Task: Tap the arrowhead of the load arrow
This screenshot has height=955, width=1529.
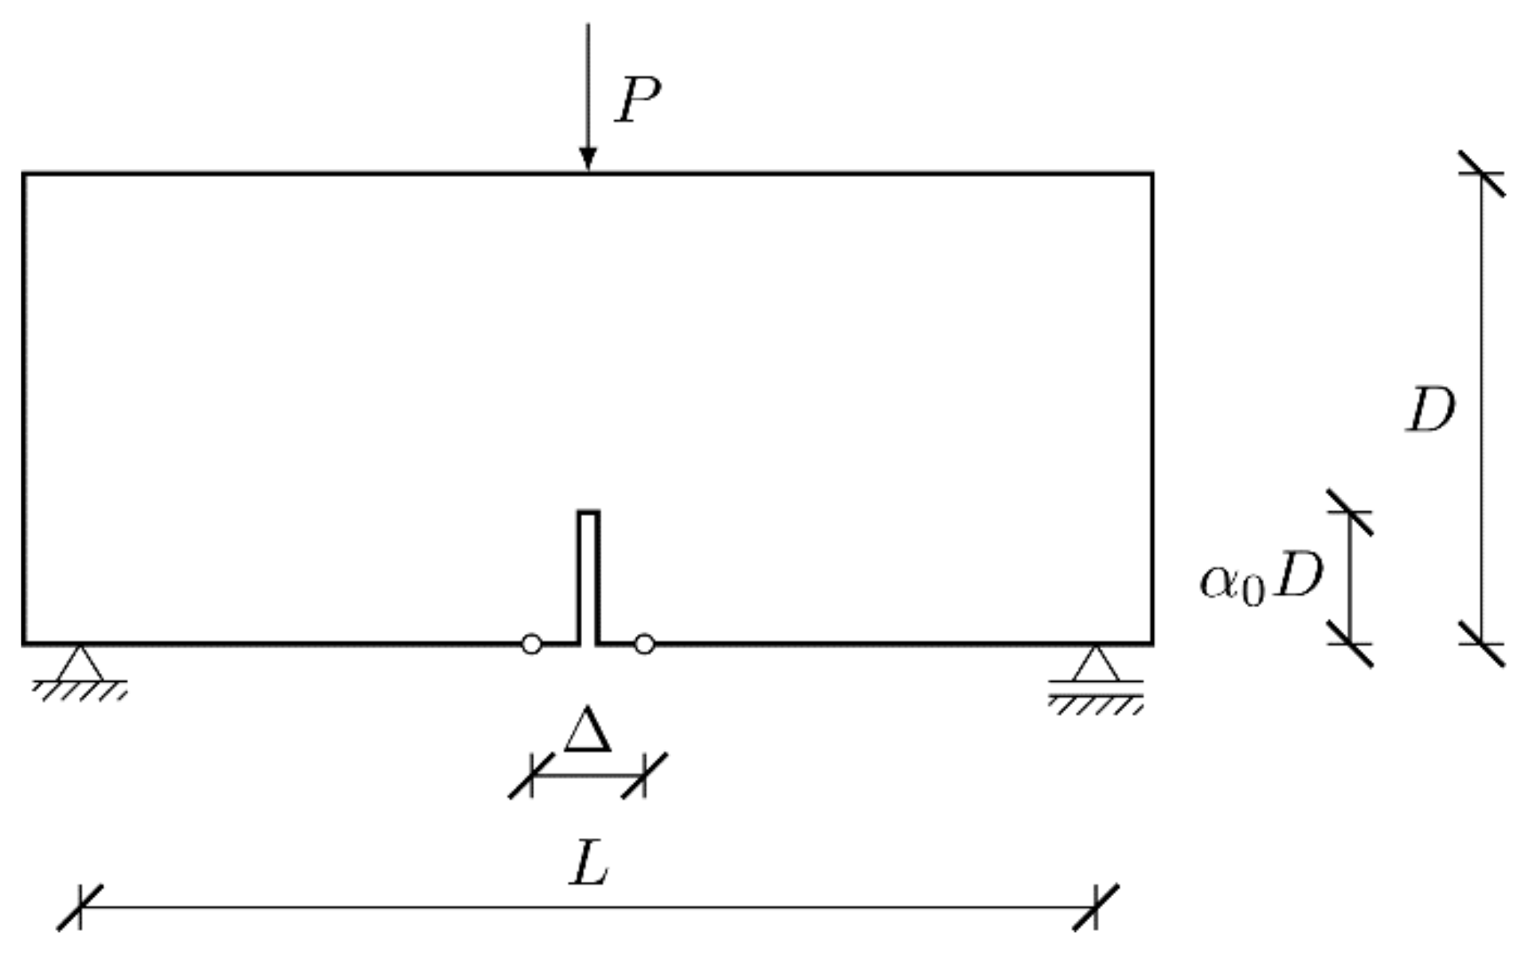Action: point(588,160)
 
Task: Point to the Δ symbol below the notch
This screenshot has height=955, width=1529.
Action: point(588,730)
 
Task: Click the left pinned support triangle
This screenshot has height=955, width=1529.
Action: point(80,664)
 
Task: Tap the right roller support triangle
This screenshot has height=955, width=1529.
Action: point(1095,664)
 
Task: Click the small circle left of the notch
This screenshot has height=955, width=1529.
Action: point(532,644)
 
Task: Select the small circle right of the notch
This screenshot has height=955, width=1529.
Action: point(644,644)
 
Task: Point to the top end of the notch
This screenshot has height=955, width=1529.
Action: point(589,513)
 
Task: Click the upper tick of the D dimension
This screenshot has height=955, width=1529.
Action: point(1482,173)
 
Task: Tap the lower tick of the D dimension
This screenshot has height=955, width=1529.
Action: point(1482,644)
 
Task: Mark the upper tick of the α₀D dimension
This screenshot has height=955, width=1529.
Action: point(1350,512)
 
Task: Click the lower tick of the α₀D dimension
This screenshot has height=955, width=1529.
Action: point(1350,644)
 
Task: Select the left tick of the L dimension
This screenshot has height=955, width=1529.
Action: point(80,906)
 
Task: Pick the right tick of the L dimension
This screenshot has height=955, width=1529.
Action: point(1096,906)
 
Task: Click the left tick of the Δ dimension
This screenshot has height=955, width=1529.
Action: point(532,774)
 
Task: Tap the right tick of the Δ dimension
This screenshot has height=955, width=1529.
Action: point(644,774)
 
